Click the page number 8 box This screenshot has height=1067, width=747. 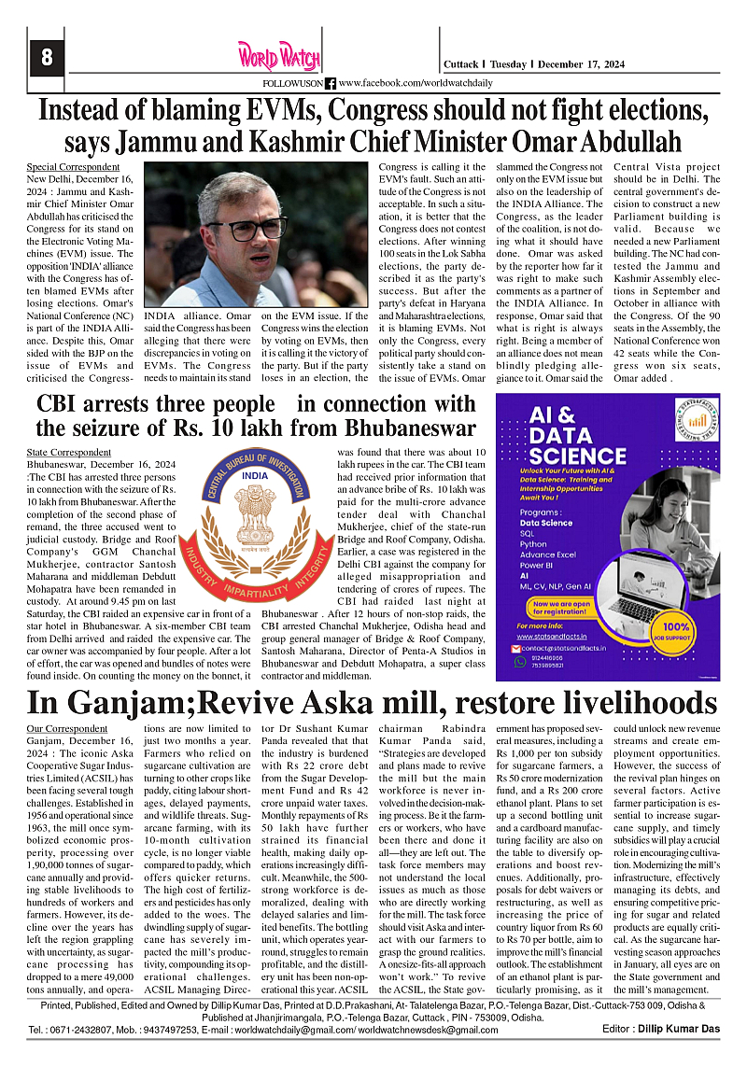[x=46, y=58]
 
